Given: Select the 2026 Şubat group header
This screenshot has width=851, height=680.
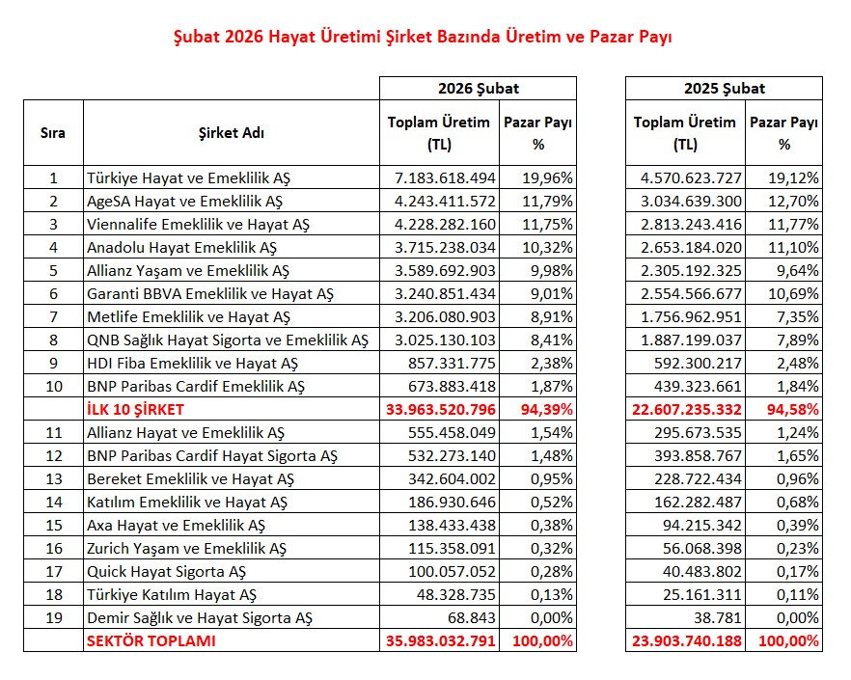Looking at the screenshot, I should tap(477, 88).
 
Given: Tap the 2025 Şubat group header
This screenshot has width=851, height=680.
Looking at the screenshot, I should tap(724, 88).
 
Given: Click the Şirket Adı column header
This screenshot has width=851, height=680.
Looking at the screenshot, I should tap(231, 133).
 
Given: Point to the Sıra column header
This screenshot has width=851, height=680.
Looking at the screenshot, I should tap(53, 133).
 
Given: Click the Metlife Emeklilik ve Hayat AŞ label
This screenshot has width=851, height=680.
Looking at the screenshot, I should tap(189, 316).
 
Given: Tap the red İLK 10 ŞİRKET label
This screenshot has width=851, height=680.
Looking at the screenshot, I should tap(138, 409).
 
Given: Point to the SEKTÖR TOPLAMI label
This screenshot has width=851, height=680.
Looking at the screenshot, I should tap(151, 640).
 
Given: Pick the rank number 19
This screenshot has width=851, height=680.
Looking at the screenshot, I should tap(53, 617).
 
